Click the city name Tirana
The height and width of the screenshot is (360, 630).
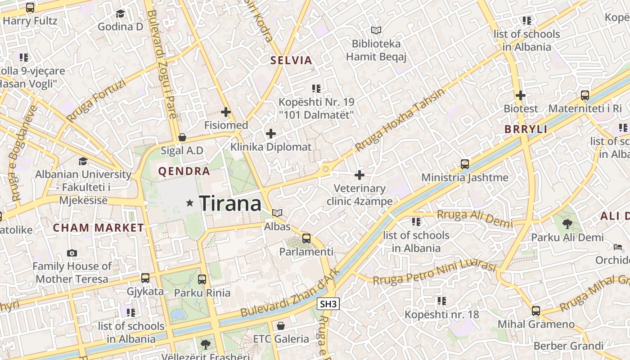[x=230, y=204]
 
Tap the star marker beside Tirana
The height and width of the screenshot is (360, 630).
[x=190, y=203]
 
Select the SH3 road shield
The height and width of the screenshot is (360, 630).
[x=328, y=304]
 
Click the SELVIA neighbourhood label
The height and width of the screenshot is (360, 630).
[x=291, y=60]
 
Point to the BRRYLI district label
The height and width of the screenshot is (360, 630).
[x=526, y=130]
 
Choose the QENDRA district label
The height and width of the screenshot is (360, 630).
[x=184, y=171]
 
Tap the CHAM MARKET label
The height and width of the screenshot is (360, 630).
[x=99, y=228]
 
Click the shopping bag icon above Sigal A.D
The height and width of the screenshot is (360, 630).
[x=182, y=137]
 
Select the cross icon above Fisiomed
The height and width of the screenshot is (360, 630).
[x=226, y=112]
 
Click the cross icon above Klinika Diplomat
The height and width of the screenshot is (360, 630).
[x=271, y=134]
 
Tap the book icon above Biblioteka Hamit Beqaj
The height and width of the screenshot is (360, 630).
[x=376, y=31]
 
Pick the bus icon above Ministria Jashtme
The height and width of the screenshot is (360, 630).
[x=465, y=164]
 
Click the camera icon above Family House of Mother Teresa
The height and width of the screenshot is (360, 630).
[x=72, y=253]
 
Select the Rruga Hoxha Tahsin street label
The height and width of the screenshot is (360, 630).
[x=400, y=119]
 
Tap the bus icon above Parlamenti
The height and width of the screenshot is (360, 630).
[x=306, y=238]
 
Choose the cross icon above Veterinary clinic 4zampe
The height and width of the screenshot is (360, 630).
[x=360, y=175]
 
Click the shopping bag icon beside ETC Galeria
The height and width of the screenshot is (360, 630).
[x=281, y=325]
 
